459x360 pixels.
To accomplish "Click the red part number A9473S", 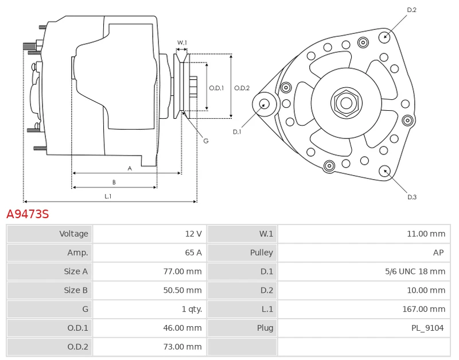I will tap(28, 214).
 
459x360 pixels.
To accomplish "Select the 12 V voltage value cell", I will tap(193, 234).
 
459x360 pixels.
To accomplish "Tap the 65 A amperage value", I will tap(193, 253).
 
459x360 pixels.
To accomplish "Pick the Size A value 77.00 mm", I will tap(182, 272).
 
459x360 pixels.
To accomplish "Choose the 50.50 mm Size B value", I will tap(182, 290).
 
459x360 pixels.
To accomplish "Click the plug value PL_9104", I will tap(427, 328).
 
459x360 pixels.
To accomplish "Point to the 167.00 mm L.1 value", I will tap(423, 309).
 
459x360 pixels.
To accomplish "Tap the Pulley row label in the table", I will tap(261, 253).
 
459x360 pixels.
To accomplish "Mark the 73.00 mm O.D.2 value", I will tap(182, 346).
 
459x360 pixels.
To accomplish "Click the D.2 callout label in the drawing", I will tap(411, 10).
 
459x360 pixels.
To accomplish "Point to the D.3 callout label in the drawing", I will tap(411, 197).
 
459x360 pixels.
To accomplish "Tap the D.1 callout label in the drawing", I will tap(237, 132).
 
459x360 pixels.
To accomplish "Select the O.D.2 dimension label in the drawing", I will tap(242, 88).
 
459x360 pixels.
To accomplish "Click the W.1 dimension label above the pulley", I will tap(181, 42).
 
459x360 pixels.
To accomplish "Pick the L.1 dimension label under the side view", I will tap(108, 196).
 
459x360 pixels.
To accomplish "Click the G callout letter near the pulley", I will tap(205, 141).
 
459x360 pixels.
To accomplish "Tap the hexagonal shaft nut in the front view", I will tap(346, 103).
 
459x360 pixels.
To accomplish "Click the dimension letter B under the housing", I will tap(114, 182).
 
